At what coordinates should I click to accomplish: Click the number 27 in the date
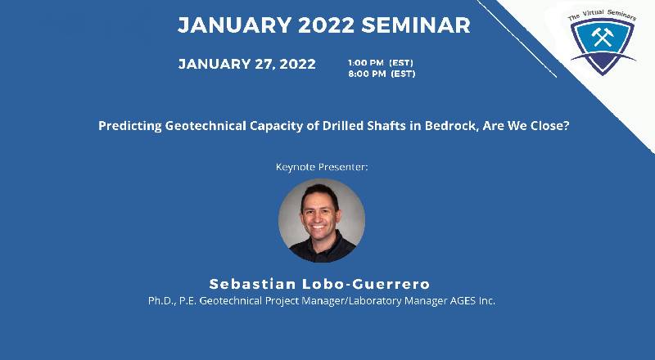(x=260, y=65)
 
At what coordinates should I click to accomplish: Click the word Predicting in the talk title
(x=129, y=127)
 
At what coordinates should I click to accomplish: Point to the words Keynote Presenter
(x=322, y=167)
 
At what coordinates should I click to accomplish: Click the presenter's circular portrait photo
(x=322, y=219)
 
